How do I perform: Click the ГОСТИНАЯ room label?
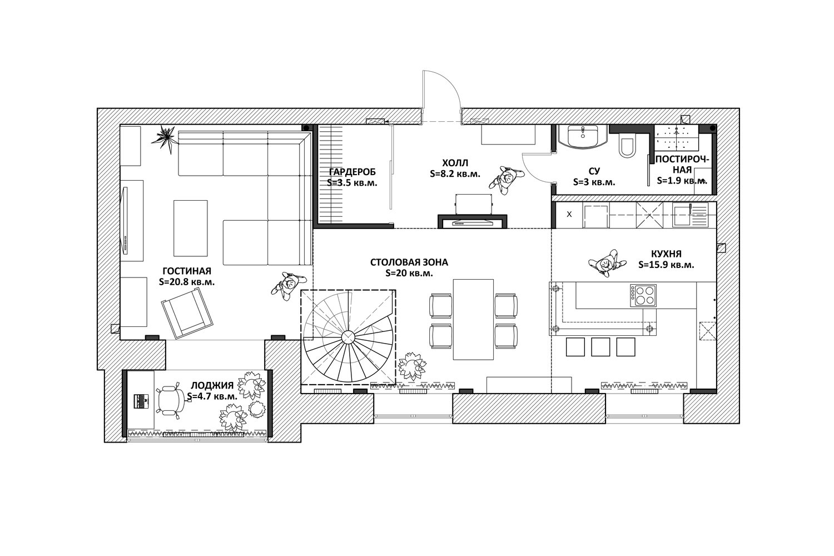(186, 271)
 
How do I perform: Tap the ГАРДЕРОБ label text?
(352, 172)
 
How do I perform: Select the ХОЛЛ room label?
(455, 163)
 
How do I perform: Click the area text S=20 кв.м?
(409, 273)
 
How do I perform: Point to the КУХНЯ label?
(666, 254)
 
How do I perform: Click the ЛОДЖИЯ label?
(212, 385)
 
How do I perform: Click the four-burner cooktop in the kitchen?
(643, 295)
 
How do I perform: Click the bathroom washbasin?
(583, 137)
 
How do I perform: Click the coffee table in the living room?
(190, 228)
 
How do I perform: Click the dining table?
(473, 319)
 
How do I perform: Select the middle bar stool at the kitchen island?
(600, 347)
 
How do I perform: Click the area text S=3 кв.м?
(594, 182)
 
